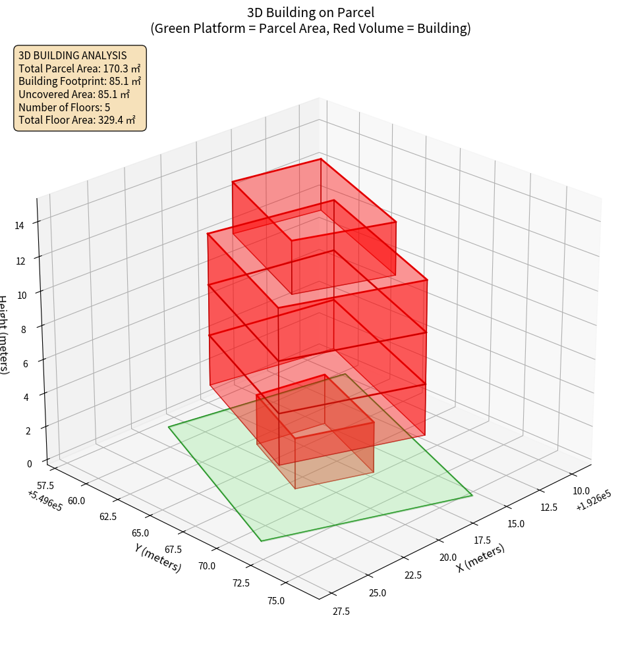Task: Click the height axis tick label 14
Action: tap(20, 225)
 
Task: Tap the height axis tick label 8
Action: tap(24, 328)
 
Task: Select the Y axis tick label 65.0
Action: tap(140, 533)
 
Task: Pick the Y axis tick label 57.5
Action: tap(46, 485)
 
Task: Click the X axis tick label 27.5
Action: tap(341, 612)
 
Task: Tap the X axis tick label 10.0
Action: tap(581, 490)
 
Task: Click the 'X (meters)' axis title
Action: tap(481, 558)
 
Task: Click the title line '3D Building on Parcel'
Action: tap(310, 13)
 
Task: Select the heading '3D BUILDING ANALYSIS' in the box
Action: tap(72, 55)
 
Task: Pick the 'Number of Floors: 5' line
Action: tap(64, 107)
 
